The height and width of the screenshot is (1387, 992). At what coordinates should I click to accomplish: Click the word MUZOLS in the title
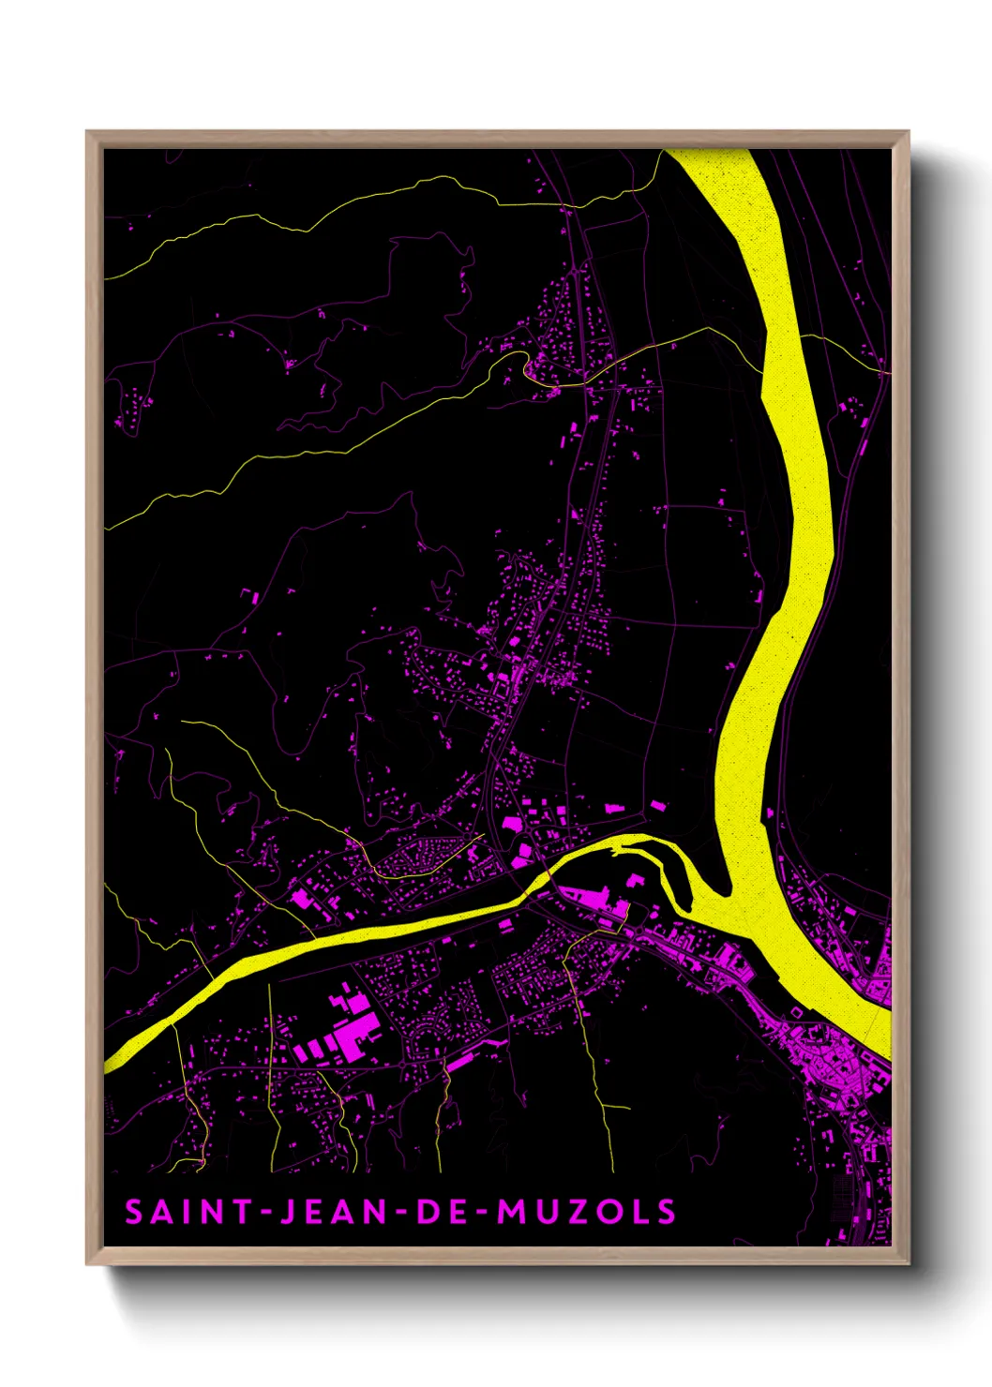585,1212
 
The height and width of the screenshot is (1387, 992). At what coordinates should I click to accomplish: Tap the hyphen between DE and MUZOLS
482,1213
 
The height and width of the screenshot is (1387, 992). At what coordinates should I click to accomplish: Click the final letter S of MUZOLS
666,1212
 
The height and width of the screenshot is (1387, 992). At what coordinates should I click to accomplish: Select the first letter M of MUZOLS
510,1212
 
